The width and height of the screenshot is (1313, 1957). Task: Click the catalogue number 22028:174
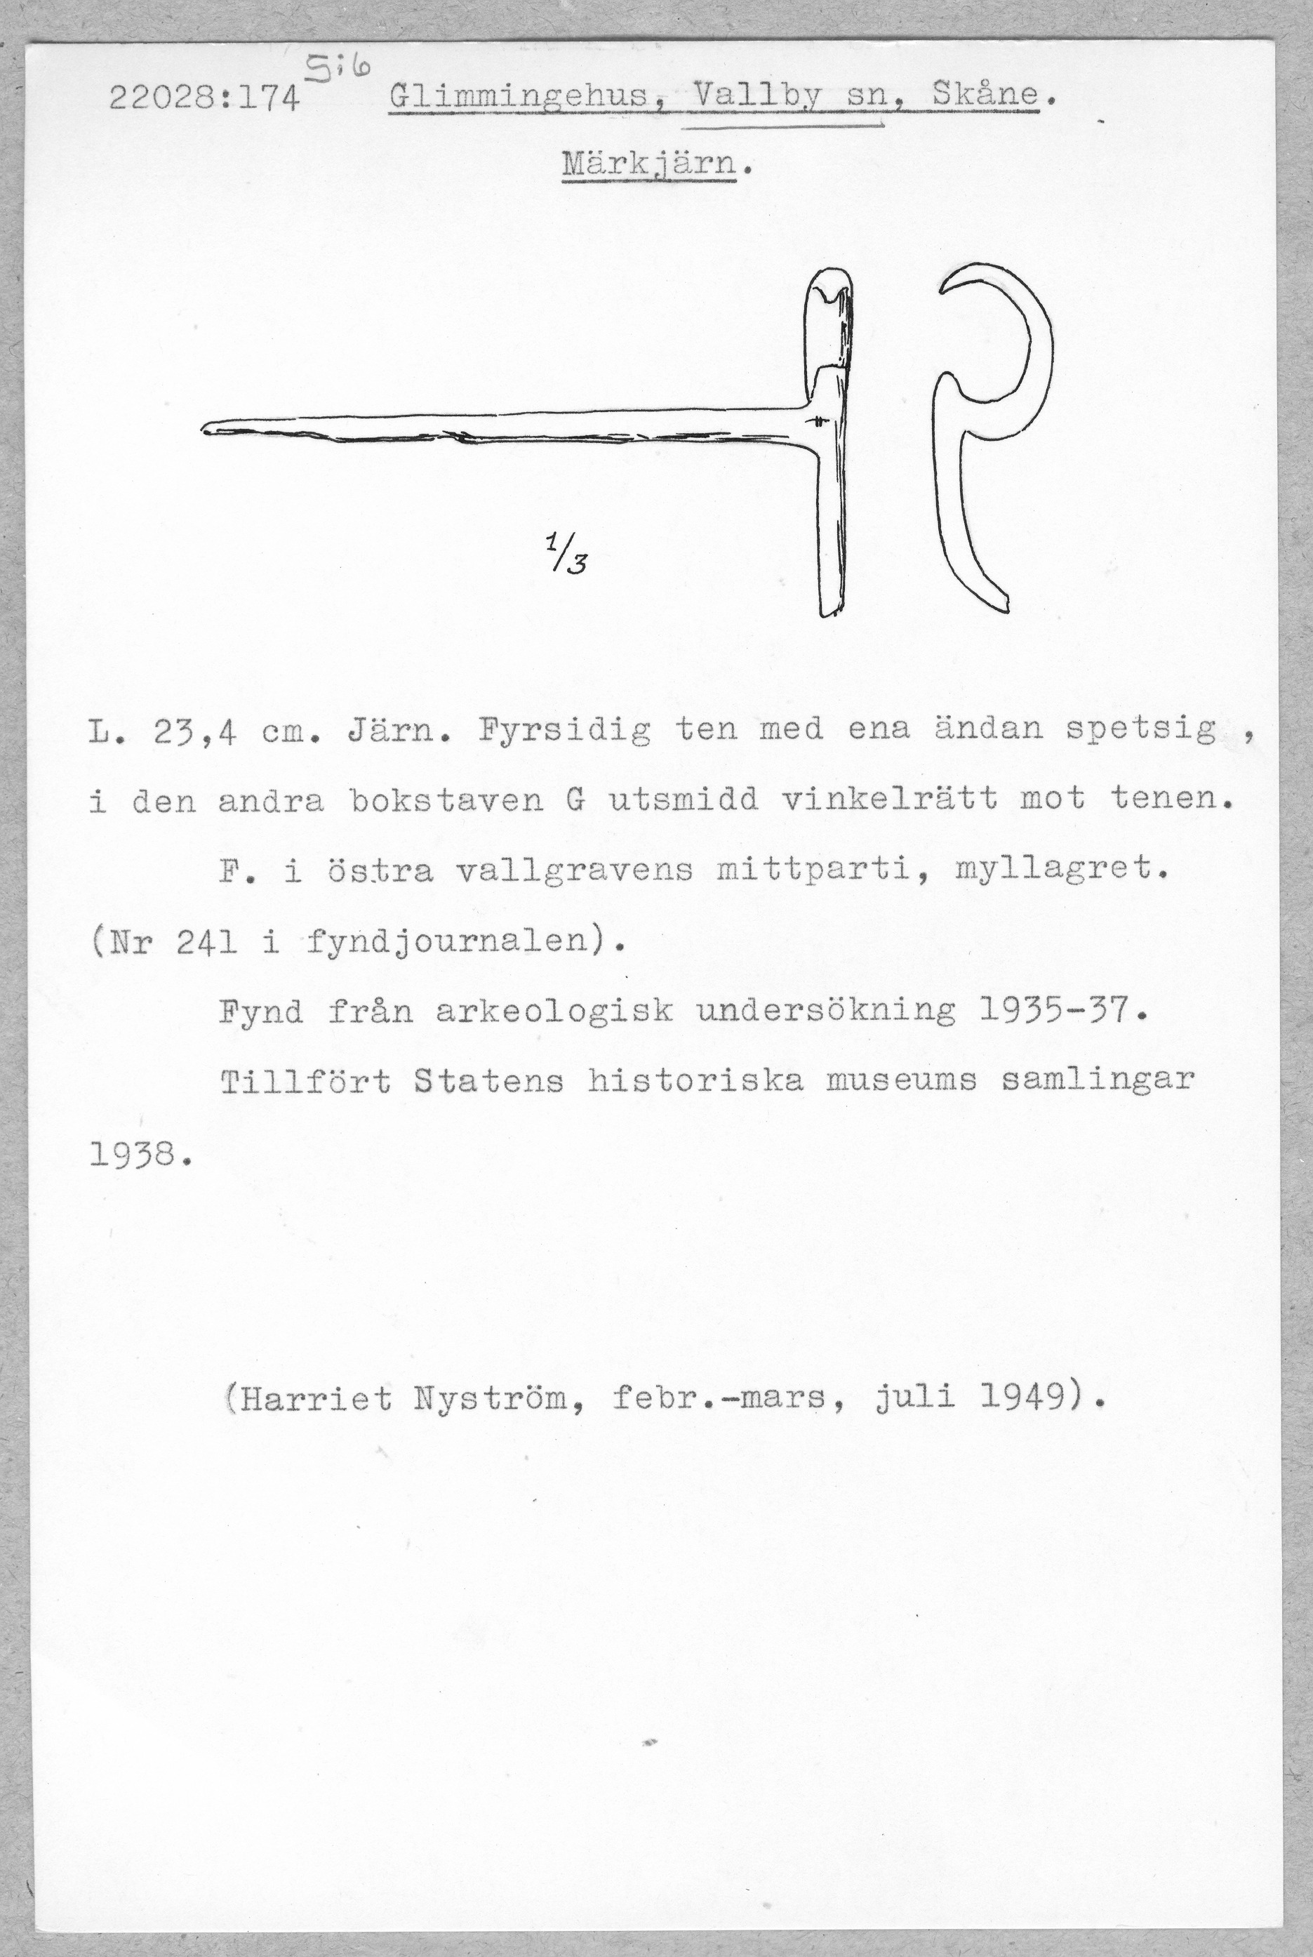pos(204,100)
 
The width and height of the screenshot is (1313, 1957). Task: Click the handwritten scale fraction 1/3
pos(566,554)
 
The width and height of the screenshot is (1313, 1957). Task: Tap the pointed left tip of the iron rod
pos(207,429)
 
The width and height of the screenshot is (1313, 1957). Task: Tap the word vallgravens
pos(576,872)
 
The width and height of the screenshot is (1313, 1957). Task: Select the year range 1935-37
pos(1061,1012)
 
